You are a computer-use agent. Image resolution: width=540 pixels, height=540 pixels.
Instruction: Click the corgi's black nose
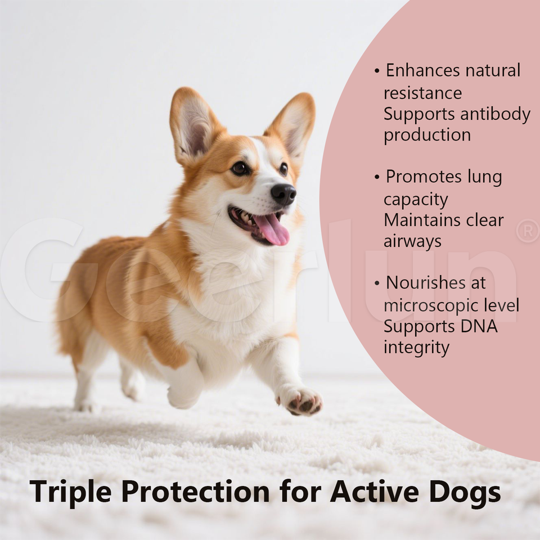283,194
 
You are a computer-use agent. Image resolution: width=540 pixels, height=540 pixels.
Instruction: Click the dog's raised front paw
300,400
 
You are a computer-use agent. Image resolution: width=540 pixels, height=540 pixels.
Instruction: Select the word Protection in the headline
195,491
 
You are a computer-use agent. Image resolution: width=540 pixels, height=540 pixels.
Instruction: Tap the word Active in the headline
375,491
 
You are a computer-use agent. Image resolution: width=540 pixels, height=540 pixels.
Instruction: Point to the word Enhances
423,71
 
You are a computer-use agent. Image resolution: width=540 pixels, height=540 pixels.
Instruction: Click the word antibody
495,115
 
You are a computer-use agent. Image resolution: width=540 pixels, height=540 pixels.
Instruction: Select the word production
427,136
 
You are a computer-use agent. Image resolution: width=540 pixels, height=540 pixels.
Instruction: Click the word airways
412,241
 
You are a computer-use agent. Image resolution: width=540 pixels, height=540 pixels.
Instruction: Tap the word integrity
416,348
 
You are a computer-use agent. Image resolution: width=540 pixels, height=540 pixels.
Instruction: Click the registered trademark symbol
528,231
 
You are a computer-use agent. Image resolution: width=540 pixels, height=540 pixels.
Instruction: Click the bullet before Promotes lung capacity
377,177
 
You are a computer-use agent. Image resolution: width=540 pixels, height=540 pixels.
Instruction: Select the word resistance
422,93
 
